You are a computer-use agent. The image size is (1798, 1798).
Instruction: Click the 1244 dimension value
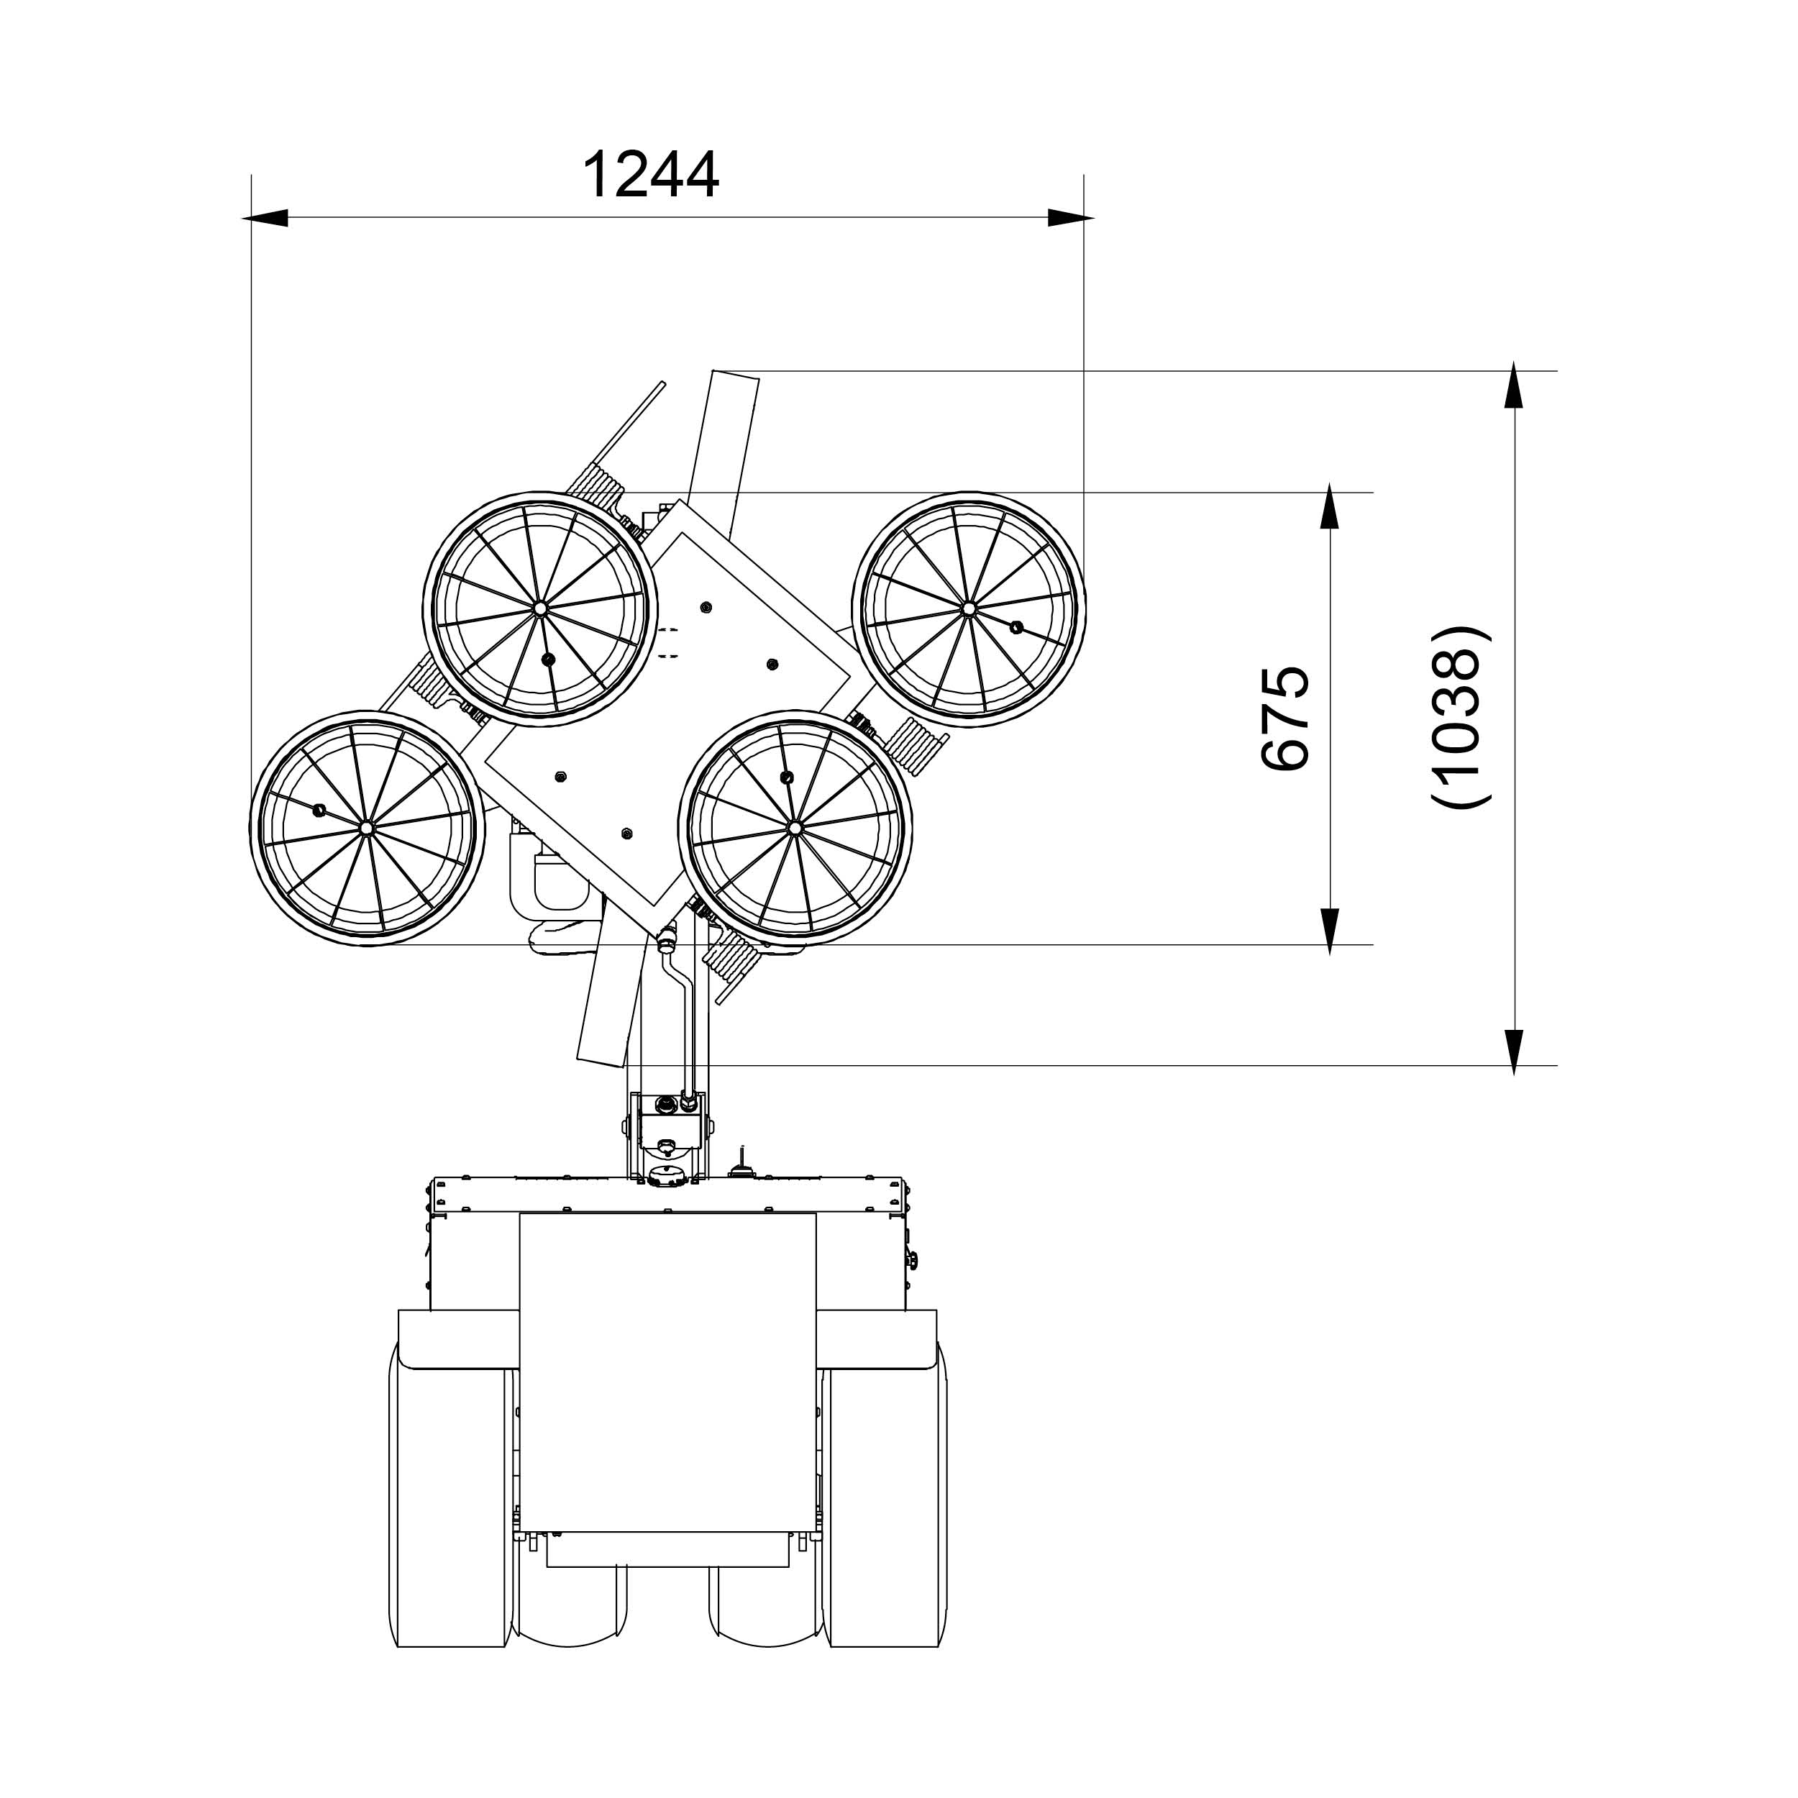click(x=651, y=175)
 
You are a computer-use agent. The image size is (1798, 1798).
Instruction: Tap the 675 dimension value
click(x=1285, y=718)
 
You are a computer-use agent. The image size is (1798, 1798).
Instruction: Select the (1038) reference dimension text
click(x=1459, y=718)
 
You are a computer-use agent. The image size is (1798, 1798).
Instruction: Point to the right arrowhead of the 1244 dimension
click(x=1070, y=218)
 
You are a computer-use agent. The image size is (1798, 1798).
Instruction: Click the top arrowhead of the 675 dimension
click(x=1330, y=506)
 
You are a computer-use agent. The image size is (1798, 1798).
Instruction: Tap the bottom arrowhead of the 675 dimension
click(x=1330, y=931)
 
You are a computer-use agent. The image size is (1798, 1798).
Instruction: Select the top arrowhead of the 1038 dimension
click(x=1514, y=384)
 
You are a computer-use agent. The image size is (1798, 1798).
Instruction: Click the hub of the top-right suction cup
click(x=968, y=608)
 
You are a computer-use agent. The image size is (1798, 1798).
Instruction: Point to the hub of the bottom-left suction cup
click(x=367, y=827)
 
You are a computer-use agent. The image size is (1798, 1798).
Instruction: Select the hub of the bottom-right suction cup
click(x=795, y=827)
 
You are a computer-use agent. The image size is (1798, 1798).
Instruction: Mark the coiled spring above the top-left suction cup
click(x=596, y=485)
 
